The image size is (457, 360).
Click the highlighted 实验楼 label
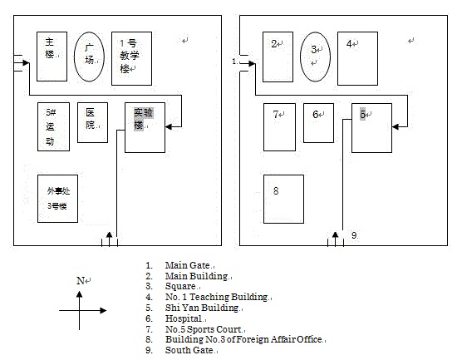coord(144,119)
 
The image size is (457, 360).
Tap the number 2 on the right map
coord(274,44)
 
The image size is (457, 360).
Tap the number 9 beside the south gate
coord(354,235)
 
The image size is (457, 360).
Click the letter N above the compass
coord(80,281)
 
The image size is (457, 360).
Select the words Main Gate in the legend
coord(188,265)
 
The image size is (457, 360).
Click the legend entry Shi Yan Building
coord(202,308)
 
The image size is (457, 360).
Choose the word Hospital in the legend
coord(184,318)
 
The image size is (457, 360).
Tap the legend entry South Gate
coord(189,350)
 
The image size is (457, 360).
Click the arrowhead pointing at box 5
coord(396,126)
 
